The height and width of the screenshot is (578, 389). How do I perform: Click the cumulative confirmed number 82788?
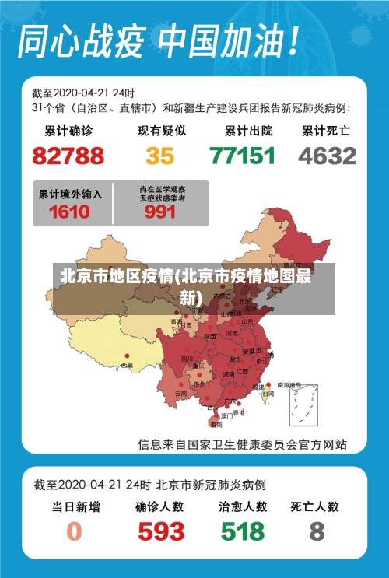(x=68, y=156)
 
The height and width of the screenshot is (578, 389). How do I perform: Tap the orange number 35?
(x=160, y=156)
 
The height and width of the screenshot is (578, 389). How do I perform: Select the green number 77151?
(x=243, y=156)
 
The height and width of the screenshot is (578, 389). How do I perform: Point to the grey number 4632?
(x=327, y=156)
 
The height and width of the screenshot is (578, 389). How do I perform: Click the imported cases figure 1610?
(x=69, y=212)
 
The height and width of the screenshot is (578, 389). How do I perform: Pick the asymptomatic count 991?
(x=160, y=212)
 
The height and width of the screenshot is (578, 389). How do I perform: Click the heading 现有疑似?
(x=161, y=131)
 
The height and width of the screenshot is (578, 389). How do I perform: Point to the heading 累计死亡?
(x=326, y=131)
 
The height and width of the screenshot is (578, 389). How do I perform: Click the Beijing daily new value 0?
(x=74, y=531)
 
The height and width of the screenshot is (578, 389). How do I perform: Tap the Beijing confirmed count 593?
(x=161, y=531)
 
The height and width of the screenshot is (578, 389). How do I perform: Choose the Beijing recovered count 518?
(x=243, y=531)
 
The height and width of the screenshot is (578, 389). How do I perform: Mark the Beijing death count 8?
(x=316, y=531)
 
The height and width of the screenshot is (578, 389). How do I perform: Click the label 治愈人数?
(x=243, y=506)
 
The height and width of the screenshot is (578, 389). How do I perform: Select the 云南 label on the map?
(x=180, y=394)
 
